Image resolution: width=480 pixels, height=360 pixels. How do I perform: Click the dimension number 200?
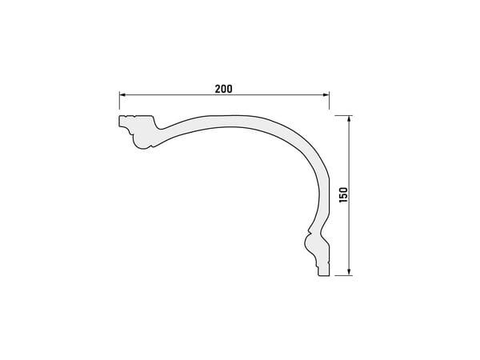[223, 89]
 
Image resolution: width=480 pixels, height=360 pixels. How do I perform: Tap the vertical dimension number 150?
[343, 194]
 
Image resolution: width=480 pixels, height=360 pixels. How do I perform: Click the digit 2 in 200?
[218, 89]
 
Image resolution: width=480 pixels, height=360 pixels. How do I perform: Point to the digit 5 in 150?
[343, 195]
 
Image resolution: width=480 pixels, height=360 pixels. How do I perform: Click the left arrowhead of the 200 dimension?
[122, 95]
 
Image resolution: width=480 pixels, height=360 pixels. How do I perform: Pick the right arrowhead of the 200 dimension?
[326, 95]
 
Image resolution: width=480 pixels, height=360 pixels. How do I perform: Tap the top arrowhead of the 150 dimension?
[349, 119]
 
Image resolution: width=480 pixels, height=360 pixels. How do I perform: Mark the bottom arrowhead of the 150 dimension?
[349, 272]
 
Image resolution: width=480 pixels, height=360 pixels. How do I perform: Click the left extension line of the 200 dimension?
[119, 100]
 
